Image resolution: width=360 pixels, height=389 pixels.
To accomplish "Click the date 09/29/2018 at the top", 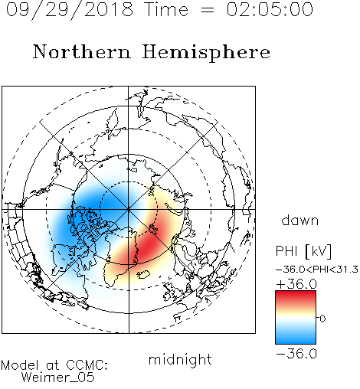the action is coord(69,9).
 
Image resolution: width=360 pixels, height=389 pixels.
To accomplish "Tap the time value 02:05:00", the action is coord(270,9).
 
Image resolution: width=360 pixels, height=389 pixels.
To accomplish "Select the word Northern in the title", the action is coord(82,51).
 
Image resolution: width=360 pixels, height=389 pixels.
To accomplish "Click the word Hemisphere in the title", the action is coord(206,53).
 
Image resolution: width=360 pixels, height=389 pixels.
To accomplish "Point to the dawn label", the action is coord(300,220).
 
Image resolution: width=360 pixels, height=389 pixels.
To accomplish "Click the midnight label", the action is coord(180,360).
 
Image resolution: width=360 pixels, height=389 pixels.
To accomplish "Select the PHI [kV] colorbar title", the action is coord(303,251).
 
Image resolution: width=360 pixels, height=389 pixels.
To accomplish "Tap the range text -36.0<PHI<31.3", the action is coord(317,270).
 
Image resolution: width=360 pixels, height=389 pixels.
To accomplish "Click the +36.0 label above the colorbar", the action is coord(296,284).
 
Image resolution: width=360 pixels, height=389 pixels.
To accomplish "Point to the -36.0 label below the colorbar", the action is coord(296,354).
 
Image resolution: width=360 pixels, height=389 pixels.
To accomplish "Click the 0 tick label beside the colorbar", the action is coord(322,319).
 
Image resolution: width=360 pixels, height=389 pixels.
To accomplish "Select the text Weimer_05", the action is coord(58,378).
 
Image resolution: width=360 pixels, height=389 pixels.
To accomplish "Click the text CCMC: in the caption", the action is coord(87,365).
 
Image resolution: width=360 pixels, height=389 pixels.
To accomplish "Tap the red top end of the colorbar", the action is coord(296,293).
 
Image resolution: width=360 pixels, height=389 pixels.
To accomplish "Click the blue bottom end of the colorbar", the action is coord(296,341).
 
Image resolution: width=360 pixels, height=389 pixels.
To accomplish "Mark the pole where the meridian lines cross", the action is coord(129,210).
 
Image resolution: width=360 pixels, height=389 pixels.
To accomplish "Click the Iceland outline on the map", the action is coord(143,274).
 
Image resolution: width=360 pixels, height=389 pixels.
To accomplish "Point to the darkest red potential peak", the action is coord(148,246).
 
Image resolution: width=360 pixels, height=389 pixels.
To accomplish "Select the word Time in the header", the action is coord(166,9).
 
